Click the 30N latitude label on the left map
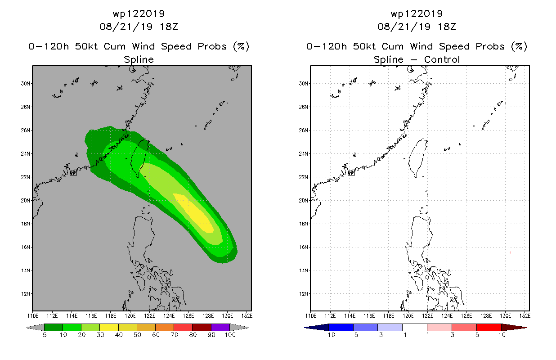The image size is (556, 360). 26,84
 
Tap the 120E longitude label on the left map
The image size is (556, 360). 130,316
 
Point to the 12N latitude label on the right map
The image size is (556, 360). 304,294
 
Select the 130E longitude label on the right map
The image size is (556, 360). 505,316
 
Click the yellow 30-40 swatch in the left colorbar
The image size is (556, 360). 109,327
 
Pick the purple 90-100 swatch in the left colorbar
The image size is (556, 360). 220,327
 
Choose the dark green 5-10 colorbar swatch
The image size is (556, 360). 54,327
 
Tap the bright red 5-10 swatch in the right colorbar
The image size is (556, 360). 489,327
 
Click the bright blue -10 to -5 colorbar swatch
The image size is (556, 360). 341,327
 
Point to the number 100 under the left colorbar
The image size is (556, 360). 230,335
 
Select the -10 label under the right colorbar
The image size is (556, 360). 329,335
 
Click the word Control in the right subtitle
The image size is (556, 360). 442,59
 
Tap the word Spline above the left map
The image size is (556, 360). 139,60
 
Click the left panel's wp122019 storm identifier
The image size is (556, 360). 139,14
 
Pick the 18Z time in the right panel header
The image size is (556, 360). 447,27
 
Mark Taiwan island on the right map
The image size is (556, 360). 418,157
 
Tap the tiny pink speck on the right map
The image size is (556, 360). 510,252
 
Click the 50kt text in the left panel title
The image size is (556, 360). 86,46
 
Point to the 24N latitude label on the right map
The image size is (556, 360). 304,154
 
